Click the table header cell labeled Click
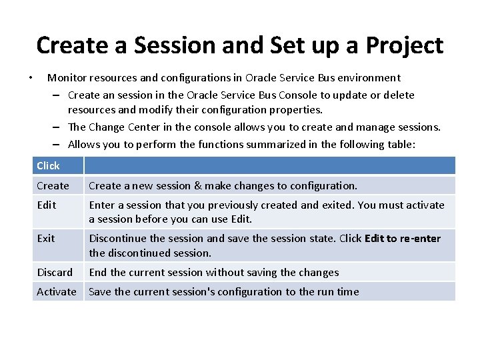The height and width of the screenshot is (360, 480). click(48, 165)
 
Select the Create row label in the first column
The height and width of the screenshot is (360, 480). click(53, 185)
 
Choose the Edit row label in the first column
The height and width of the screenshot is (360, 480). click(46, 205)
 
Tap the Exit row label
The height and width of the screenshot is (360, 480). click(46, 238)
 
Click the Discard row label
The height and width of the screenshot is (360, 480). click(55, 272)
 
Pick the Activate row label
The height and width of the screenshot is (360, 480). click(57, 291)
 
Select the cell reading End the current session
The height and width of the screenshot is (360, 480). click(213, 272)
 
